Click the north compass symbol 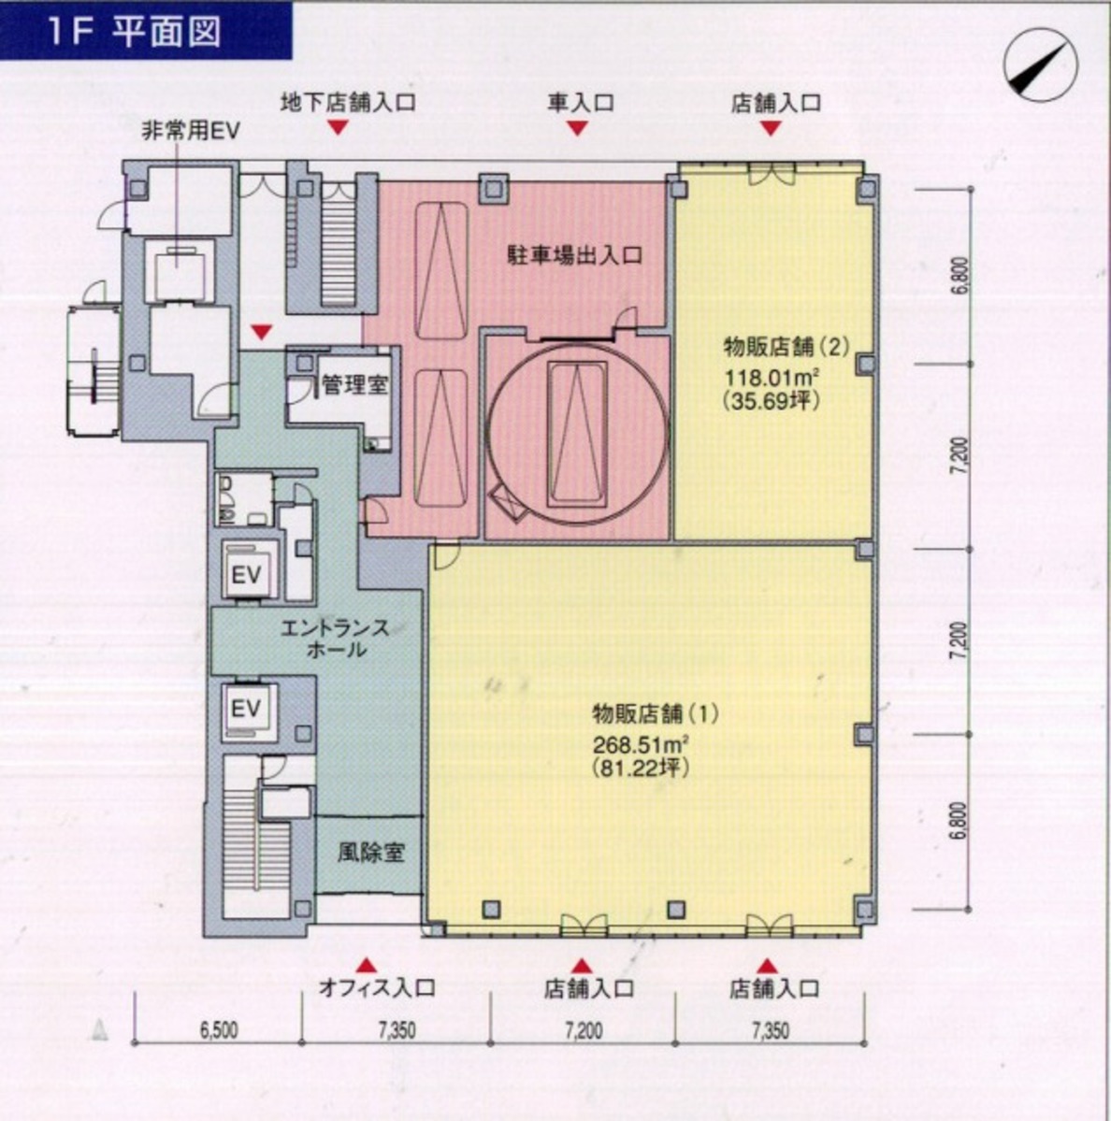click(x=1040, y=65)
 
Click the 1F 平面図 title click(x=135, y=33)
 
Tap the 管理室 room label click(x=355, y=384)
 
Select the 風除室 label click(x=371, y=852)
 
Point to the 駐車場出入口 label click(x=574, y=255)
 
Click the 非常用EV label click(x=190, y=131)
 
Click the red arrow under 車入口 click(x=578, y=128)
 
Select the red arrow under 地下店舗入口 click(x=338, y=127)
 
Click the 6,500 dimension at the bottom click(x=219, y=1030)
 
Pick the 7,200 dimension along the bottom click(x=584, y=1030)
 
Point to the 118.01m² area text click(x=772, y=376)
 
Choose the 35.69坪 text click(x=771, y=400)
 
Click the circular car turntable click(x=577, y=434)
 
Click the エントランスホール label click(x=335, y=639)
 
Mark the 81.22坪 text click(x=641, y=768)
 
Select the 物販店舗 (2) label click(x=786, y=347)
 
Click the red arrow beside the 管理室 click(x=263, y=332)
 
